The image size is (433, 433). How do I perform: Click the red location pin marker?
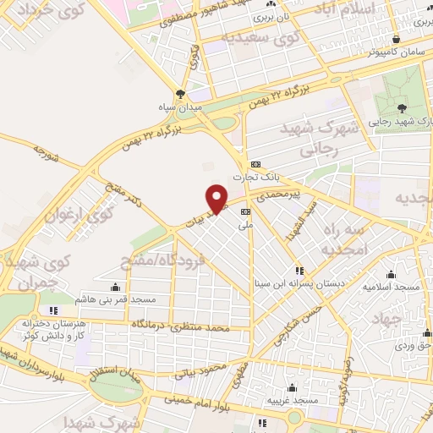click(x=219, y=197)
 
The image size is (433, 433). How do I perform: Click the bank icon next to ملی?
click(x=246, y=212)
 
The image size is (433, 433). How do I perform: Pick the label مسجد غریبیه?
click(x=292, y=398)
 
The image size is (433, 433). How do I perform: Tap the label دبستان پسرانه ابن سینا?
click(x=300, y=285)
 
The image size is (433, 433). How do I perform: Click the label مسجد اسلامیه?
click(x=392, y=286)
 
